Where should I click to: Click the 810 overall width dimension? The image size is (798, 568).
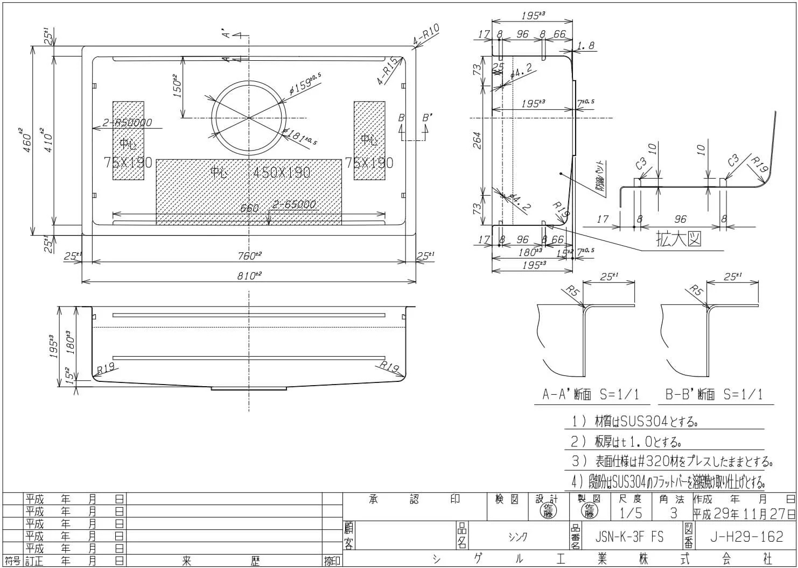248,275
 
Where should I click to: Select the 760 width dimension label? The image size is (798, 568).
248,255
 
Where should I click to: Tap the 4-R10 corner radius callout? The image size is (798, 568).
427,34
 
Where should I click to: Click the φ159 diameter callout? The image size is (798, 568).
305,84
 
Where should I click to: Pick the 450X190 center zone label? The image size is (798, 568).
282,172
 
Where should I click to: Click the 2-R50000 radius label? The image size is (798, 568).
127,123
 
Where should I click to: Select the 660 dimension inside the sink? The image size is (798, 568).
249,208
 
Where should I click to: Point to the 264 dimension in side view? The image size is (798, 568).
476,141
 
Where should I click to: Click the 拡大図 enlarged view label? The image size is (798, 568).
678,239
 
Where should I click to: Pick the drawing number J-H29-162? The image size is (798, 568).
746,536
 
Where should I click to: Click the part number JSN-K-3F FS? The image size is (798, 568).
629,536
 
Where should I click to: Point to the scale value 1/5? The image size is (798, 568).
631,513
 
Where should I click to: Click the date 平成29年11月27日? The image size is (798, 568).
744,513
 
